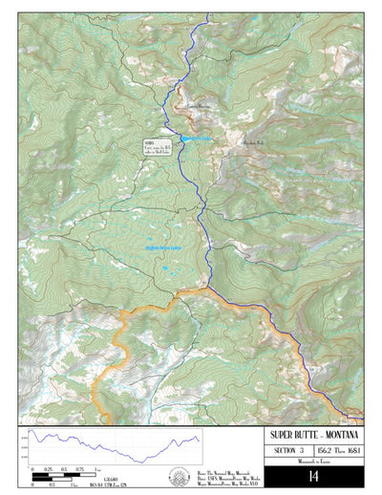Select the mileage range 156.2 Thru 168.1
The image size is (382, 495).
pyautogui.click(x=336, y=451)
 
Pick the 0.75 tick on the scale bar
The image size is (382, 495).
pyautogui.click(x=80, y=469)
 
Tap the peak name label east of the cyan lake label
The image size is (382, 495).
pyautogui.click(x=252, y=140)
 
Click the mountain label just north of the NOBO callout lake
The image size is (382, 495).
pyautogui.click(x=197, y=104)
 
